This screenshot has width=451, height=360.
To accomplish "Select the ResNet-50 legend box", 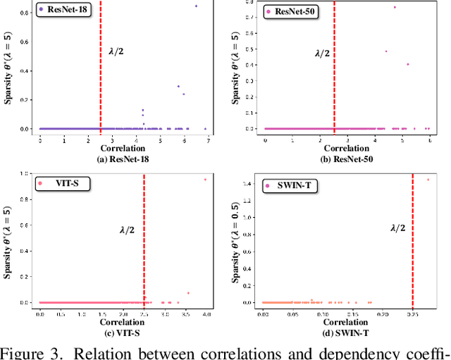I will tap(291, 12).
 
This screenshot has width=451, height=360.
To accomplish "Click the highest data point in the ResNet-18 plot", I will tap(196, 6).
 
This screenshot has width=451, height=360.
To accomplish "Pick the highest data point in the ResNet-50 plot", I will tap(395, 7).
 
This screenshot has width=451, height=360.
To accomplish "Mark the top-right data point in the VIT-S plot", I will tap(206, 179).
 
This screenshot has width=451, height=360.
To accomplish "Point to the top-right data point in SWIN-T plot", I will tap(428, 179).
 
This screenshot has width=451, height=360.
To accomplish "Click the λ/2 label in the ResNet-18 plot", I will tap(116, 51).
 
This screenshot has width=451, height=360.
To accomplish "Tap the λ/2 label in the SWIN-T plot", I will tap(398, 228).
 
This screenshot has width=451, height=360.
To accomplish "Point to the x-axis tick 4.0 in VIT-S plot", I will tap(206, 313).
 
